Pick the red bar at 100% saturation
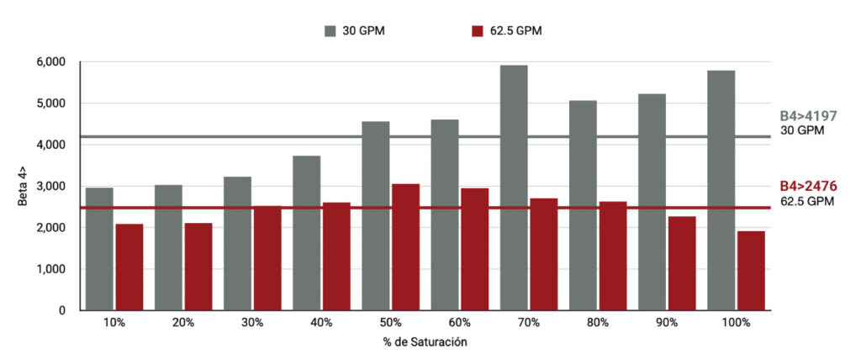pyautogui.click(x=751, y=270)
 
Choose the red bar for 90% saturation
pyautogui.click(x=682, y=263)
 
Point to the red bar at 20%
pyautogui.click(x=198, y=266)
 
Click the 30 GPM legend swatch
pyautogui.click(x=330, y=31)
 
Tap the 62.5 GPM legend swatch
pyautogui.click(x=477, y=31)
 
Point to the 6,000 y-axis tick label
pyautogui.click(x=51, y=62)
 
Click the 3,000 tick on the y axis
pyautogui.click(x=51, y=187)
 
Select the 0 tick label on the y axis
pyautogui.click(x=61, y=310)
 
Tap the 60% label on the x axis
pyautogui.click(x=459, y=322)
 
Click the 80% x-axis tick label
pyautogui.click(x=597, y=322)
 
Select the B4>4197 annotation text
pyautogui.click(x=808, y=116)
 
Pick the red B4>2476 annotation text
pyautogui.click(x=808, y=186)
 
